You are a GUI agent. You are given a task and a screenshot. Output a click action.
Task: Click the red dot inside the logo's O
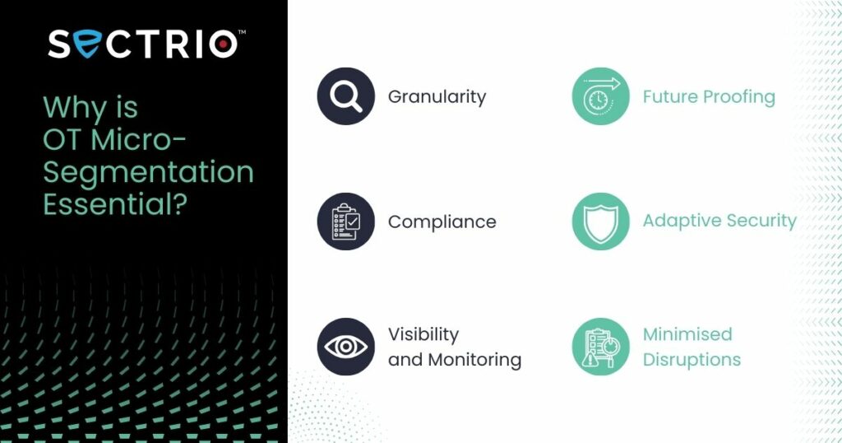(223, 44)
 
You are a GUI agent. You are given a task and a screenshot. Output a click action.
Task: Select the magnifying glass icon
(346, 96)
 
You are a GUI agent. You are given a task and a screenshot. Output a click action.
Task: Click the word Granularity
(437, 97)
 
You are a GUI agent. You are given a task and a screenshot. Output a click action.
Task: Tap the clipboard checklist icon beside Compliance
(346, 221)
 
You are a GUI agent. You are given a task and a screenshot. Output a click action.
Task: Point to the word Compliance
(442, 222)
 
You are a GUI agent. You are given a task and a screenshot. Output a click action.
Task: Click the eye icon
(346, 347)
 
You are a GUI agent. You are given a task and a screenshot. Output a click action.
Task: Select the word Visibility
(423, 334)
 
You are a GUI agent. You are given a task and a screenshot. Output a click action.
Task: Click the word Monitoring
(474, 360)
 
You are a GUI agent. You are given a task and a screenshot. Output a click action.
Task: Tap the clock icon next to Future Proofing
(600, 96)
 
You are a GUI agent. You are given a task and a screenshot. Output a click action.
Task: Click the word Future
(670, 97)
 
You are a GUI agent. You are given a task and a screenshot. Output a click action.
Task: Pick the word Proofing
(739, 97)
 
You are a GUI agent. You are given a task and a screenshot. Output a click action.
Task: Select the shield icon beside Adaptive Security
(600, 221)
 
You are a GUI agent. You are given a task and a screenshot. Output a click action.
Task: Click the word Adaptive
(682, 221)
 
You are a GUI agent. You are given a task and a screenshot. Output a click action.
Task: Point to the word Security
(761, 221)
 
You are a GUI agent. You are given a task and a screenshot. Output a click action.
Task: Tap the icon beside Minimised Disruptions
(600, 347)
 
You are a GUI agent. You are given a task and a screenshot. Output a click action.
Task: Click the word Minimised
(687, 334)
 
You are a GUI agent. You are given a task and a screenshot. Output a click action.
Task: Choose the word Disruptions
(692, 360)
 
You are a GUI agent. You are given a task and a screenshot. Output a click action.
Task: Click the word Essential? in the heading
(115, 204)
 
